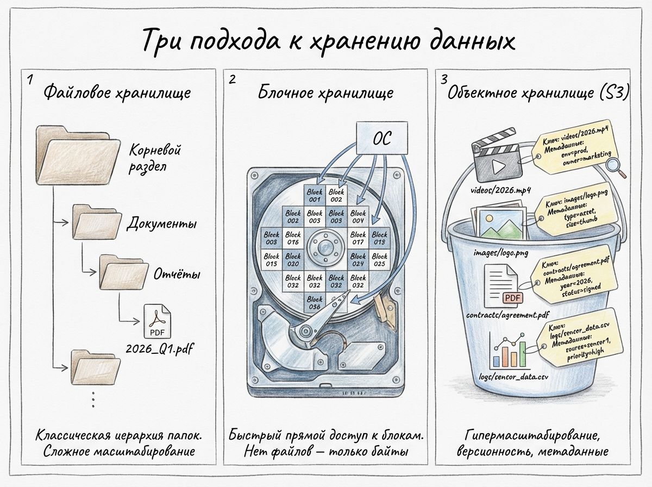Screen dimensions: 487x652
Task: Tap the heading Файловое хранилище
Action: (x=117, y=92)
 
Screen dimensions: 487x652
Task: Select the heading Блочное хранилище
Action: (x=325, y=92)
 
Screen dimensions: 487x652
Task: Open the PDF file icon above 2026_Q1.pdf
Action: (x=157, y=321)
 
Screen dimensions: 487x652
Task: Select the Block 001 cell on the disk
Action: (x=315, y=195)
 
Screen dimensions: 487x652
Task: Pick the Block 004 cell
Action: (x=358, y=217)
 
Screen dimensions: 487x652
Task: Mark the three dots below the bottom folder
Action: (x=93, y=399)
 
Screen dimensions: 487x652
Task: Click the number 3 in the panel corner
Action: (x=444, y=79)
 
